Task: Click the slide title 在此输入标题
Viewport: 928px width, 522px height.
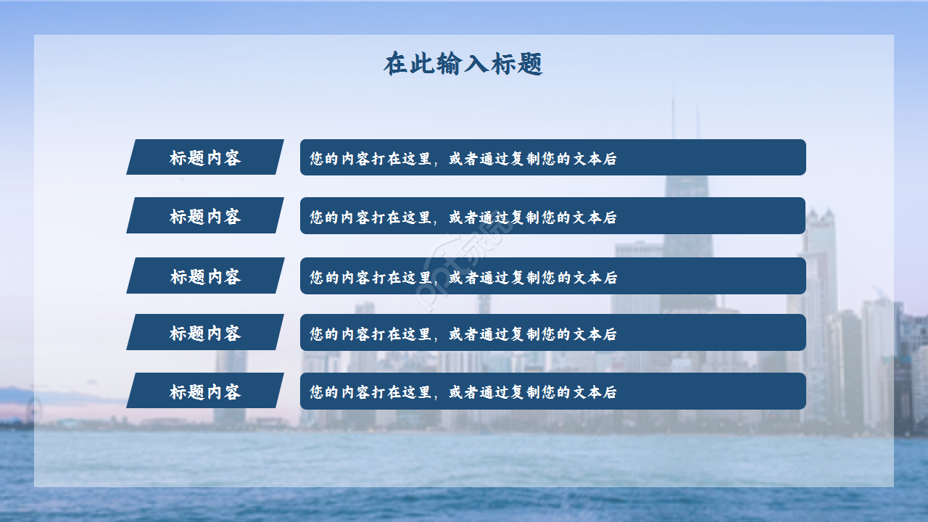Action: tap(463, 65)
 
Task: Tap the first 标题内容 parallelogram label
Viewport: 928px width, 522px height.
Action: tap(205, 157)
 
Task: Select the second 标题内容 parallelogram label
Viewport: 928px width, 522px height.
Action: tap(205, 216)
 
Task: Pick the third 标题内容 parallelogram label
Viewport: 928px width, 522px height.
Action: tap(205, 276)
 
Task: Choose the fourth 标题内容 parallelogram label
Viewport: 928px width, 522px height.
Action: tap(205, 333)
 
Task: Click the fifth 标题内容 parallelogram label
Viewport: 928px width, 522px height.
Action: tap(205, 391)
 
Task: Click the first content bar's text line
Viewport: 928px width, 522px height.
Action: tap(463, 158)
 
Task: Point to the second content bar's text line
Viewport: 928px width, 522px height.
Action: tap(463, 217)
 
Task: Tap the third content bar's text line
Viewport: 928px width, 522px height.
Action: tap(463, 277)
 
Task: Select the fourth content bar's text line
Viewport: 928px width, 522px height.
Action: tap(463, 333)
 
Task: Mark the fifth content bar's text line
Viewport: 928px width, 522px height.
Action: tap(463, 392)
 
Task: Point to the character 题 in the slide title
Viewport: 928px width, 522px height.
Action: tap(531, 65)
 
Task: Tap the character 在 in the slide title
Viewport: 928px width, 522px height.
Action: tap(396, 65)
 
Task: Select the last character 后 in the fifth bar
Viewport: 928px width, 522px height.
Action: tap(610, 392)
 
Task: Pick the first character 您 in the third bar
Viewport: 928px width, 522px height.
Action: tap(317, 277)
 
